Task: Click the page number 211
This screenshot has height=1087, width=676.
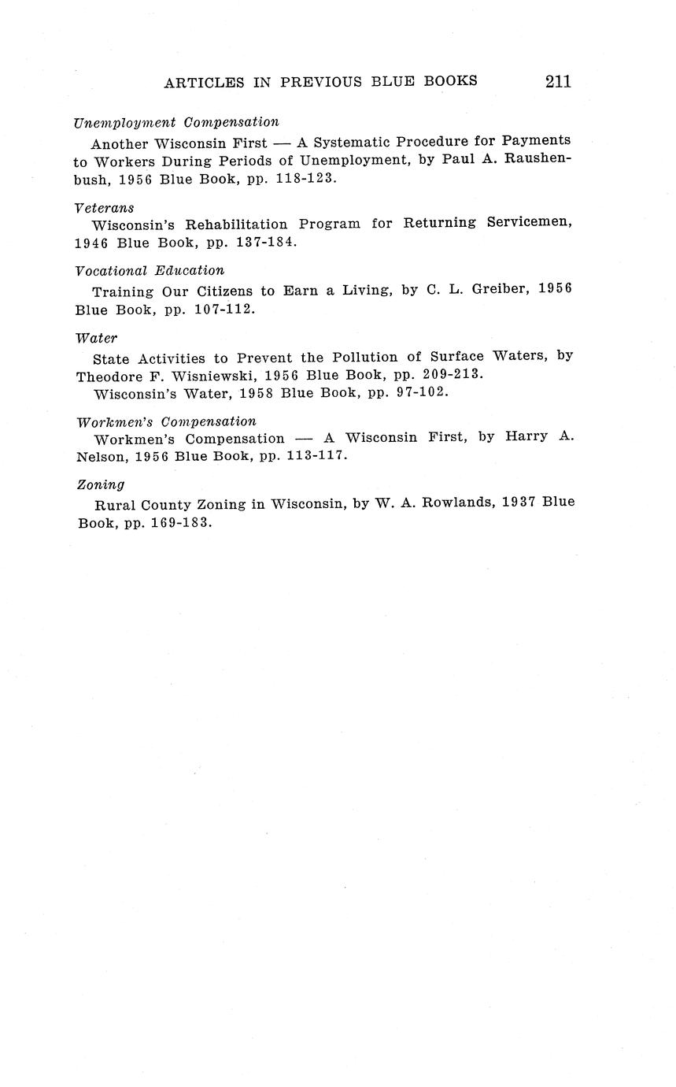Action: pyautogui.click(x=556, y=81)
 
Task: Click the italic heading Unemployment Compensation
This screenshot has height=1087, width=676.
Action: pyautogui.click(x=176, y=122)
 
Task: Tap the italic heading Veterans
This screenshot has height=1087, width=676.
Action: pyautogui.click(x=105, y=208)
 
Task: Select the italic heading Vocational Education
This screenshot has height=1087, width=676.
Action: pyautogui.click(x=150, y=271)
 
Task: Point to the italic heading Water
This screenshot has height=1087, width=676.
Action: pyautogui.click(x=97, y=339)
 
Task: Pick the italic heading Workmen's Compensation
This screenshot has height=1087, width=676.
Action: pyautogui.click(x=166, y=421)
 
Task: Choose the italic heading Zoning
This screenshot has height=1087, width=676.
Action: pyautogui.click(x=101, y=485)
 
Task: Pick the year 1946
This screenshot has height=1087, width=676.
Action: pyautogui.click(x=91, y=242)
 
